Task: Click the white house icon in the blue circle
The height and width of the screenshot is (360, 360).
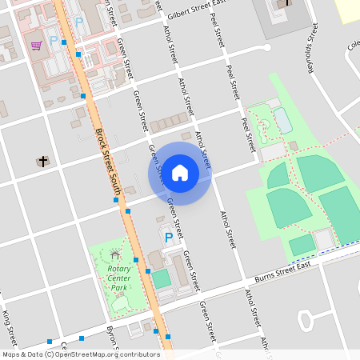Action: tap(180, 172)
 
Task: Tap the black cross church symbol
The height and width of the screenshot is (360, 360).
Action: tap(42, 162)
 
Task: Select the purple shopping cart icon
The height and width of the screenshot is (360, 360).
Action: tap(36, 45)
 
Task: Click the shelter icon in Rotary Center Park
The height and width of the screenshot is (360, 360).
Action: tap(115, 255)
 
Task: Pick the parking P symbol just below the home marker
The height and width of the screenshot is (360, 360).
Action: tap(168, 238)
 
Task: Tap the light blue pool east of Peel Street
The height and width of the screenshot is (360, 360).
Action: tap(282, 120)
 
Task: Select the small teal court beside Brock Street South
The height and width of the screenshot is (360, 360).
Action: tap(162, 278)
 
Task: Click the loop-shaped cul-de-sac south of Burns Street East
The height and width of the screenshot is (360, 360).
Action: tap(305, 320)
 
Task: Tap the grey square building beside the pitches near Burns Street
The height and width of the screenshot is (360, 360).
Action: tap(324, 239)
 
